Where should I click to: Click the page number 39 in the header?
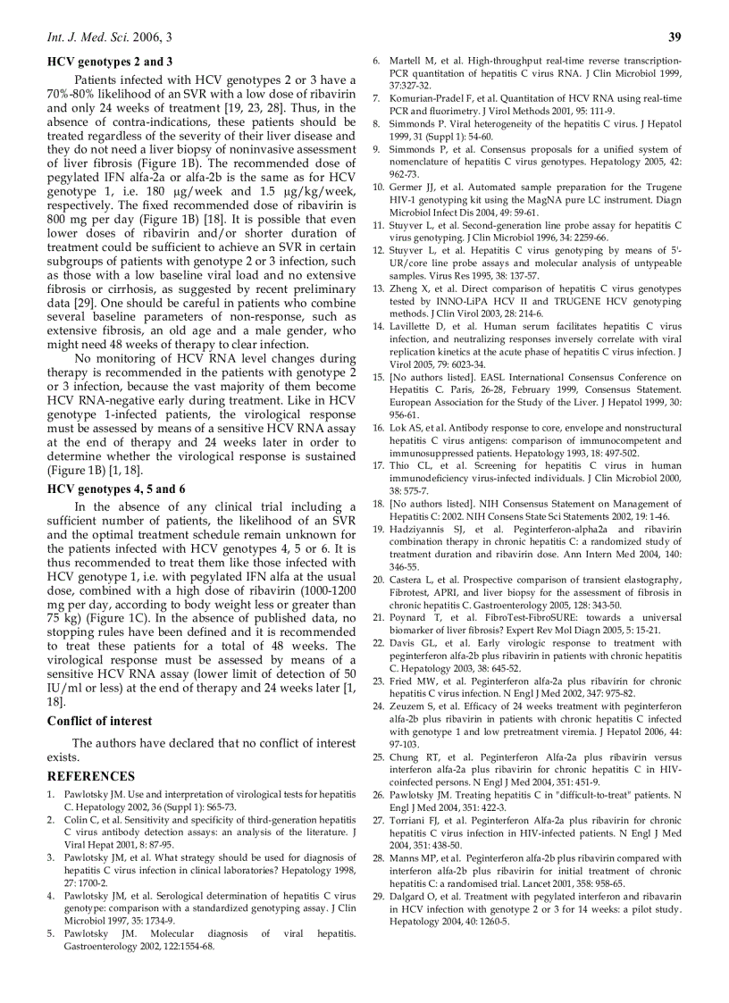(675, 37)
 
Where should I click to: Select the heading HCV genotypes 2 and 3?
(110, 62)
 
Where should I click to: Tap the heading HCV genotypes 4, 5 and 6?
(116, 489)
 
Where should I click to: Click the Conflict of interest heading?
(99, 721)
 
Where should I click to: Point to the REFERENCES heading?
(91, 776)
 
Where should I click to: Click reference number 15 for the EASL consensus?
(379, 378)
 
